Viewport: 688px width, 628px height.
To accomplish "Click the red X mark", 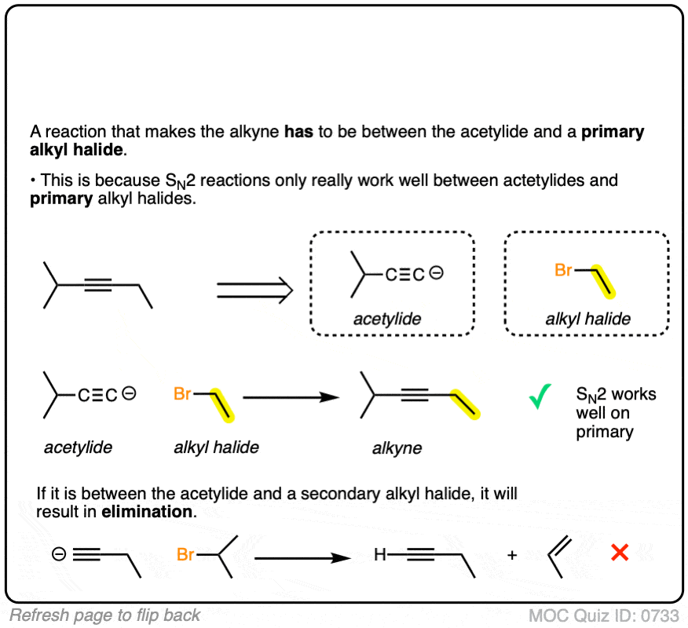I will point(620,553).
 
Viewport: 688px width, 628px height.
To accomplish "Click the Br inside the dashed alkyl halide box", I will point(564,271).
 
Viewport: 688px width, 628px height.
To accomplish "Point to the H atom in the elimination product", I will point(380,555).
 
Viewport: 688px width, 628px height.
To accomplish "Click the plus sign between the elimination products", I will point(512,555).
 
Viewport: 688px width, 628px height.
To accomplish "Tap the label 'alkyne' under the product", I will point(397,448).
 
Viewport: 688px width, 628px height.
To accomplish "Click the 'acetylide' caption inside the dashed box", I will point(387,319).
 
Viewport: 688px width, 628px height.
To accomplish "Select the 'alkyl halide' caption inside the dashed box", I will point(588,319).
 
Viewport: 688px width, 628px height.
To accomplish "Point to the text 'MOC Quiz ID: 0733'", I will point(604,615).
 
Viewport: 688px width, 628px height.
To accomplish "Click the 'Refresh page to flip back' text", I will point(105,615).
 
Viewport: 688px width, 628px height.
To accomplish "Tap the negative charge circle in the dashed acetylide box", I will point(437,274).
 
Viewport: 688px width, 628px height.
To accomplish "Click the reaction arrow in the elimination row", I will point(302,557).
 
